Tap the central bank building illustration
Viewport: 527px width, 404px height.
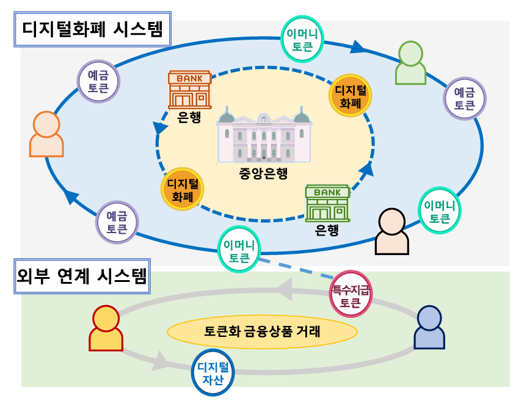tap(264, 137)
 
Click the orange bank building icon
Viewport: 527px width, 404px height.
tap(189, 90)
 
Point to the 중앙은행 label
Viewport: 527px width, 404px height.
tap(263, 173)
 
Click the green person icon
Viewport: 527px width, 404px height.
tap(410, 63)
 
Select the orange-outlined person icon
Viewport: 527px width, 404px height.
tap(46, 134)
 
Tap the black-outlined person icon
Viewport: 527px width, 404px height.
tap(391, 231)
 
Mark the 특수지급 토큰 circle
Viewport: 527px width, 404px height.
tap(350, 293)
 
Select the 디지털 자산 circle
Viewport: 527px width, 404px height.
tap(213, 373)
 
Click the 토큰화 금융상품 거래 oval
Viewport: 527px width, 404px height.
tap(262, 332)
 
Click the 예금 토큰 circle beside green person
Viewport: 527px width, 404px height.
tap(464, 98)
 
